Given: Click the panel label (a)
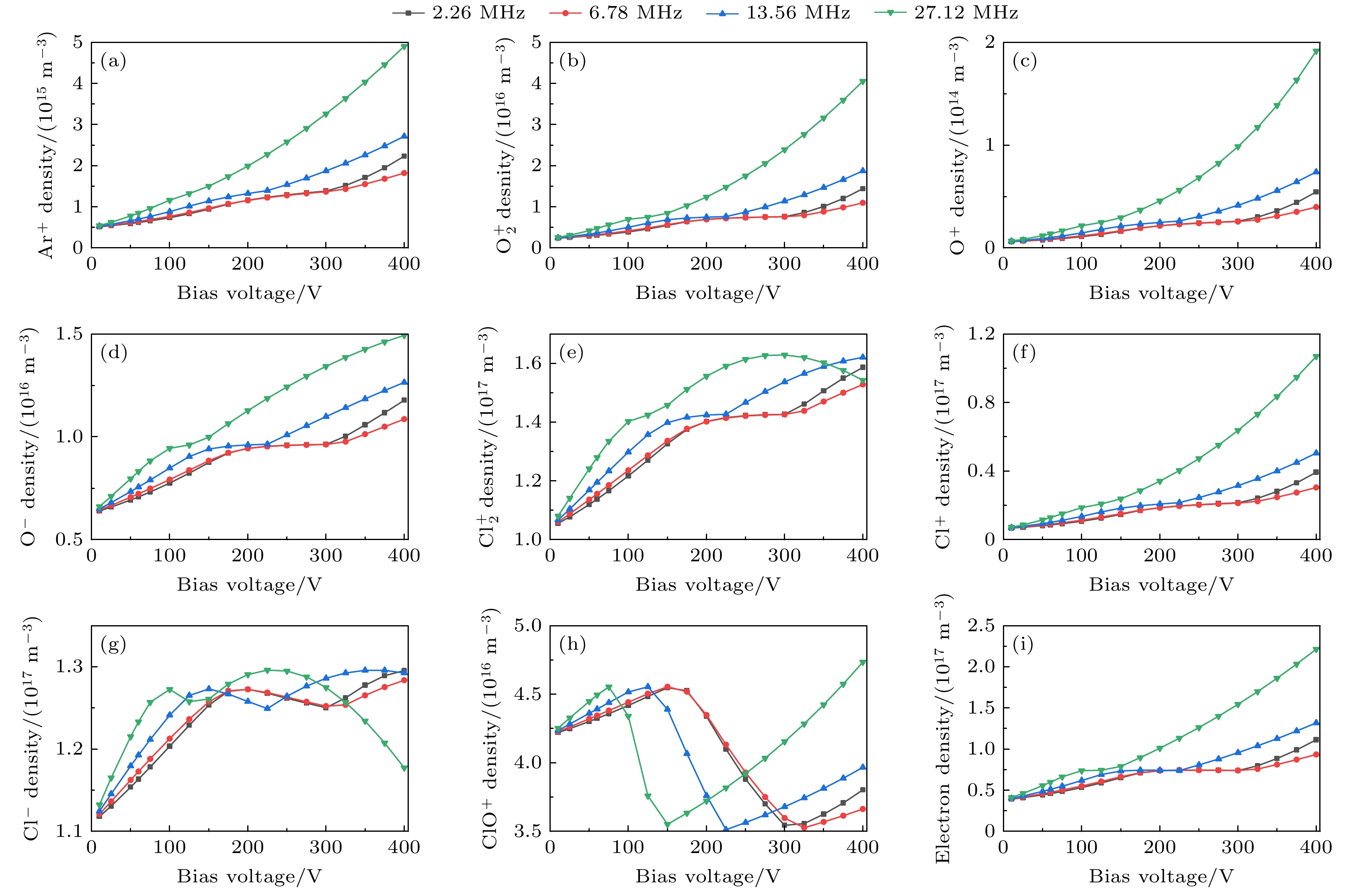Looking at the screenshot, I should [113, 61].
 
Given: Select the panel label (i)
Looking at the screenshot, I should [1024, 644].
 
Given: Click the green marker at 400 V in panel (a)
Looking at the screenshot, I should [405, 47].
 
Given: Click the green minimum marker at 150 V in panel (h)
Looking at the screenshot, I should [668, 825].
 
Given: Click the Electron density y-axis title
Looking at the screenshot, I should [943, 729].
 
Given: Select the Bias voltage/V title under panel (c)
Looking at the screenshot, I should [1161, 293].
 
